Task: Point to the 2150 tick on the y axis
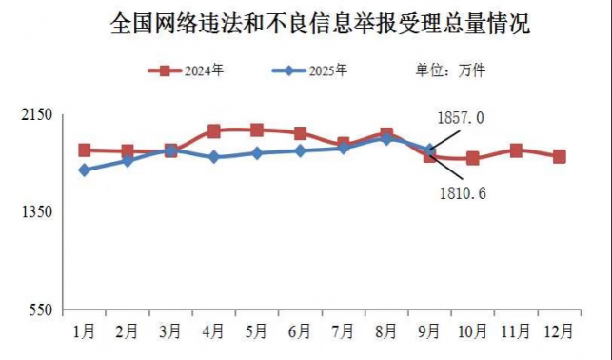click(35, 114)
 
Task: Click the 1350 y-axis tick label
click(35, 212)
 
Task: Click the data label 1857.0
click(462, 118)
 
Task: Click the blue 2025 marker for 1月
click(85, 170)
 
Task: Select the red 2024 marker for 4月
click(214, 130)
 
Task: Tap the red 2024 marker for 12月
click(559, 156)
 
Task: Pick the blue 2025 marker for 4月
click(214, 157)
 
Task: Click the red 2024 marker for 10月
click(472, 159)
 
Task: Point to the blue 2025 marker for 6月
click(300, 150)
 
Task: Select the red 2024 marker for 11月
click(516, 150)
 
